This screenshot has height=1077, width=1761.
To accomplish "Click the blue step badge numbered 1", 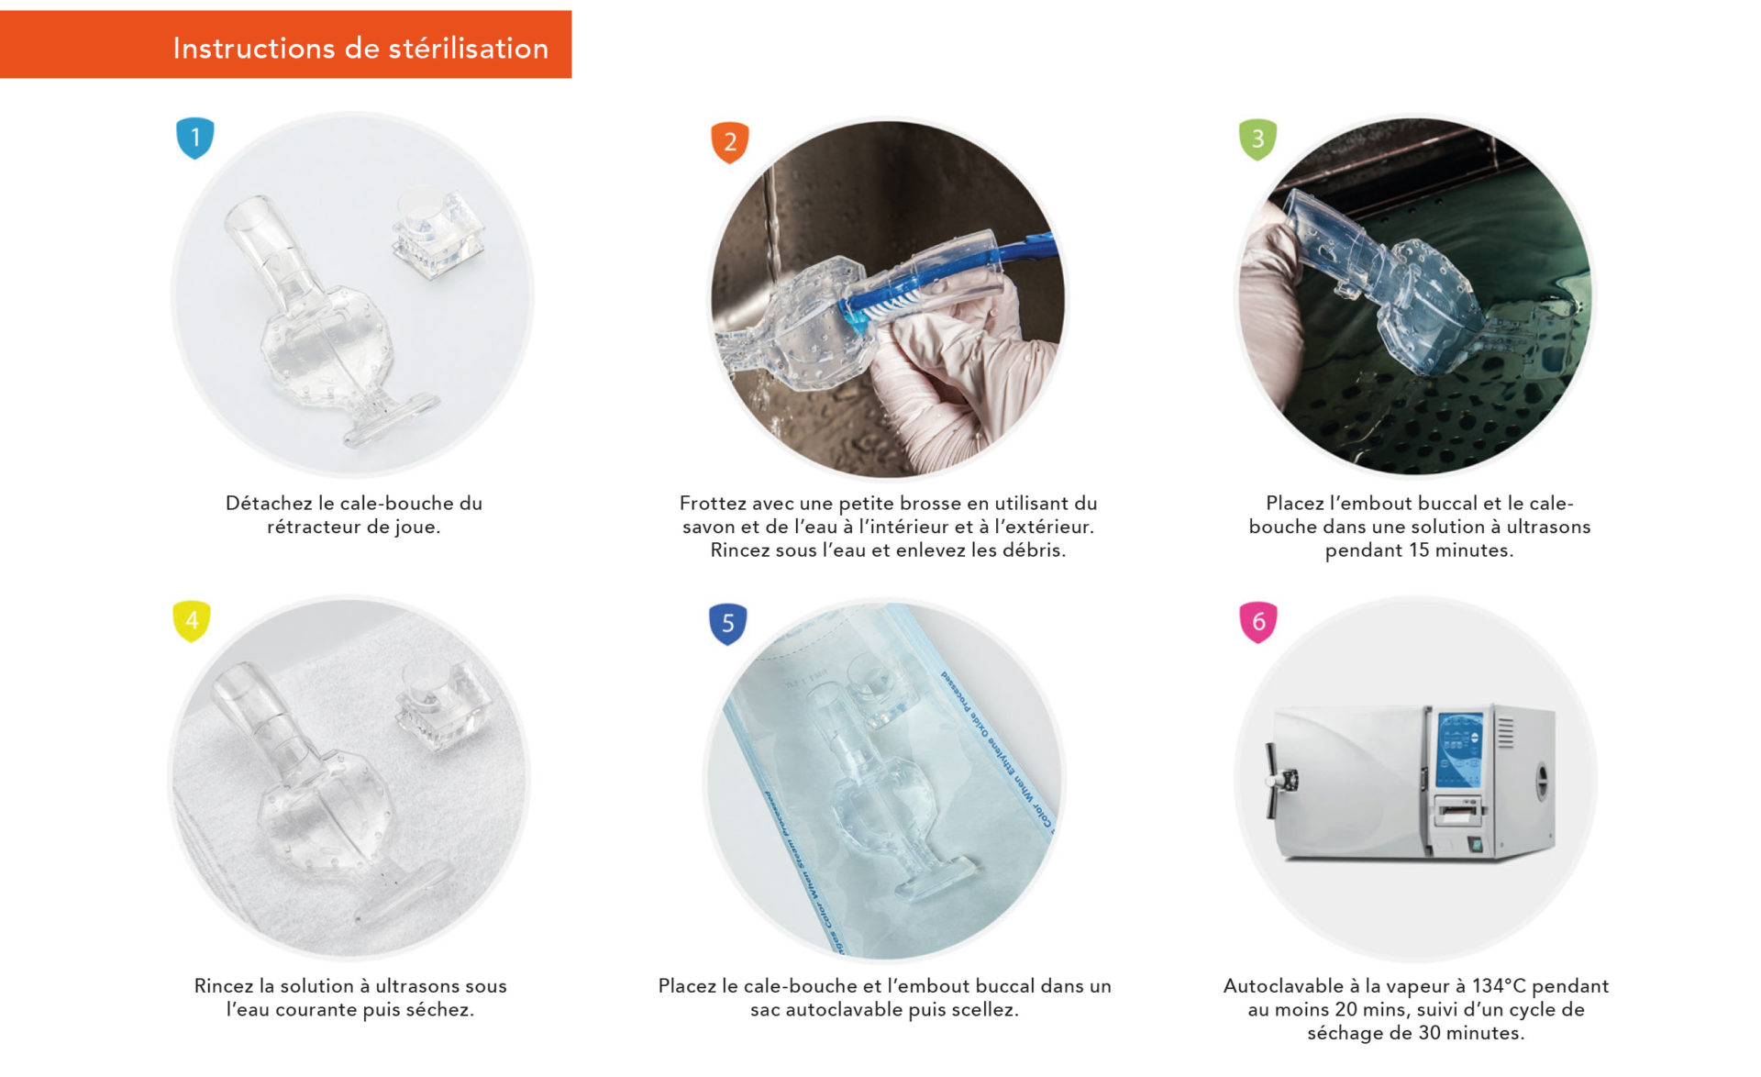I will pyautogui.click(x=194, y=138).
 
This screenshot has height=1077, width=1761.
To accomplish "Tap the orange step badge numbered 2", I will pyautogui.click(x=730, y=142).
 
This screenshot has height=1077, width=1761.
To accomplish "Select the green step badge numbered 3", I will pyautogui.click(x=1257, y=139).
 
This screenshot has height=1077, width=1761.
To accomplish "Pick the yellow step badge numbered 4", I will pyautogui.click(x=192, y=621).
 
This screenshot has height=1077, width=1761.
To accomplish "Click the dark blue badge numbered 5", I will pyautogui.click(x=727, y=624).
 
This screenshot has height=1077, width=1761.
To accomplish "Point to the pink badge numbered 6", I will pyautogui.click(x=1257, y=622).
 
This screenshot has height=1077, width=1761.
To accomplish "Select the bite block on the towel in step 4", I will pyautogui.click(x=443, y=704).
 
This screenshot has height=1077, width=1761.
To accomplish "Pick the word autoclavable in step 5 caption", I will pyautogui.click(x=844, y=1010).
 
